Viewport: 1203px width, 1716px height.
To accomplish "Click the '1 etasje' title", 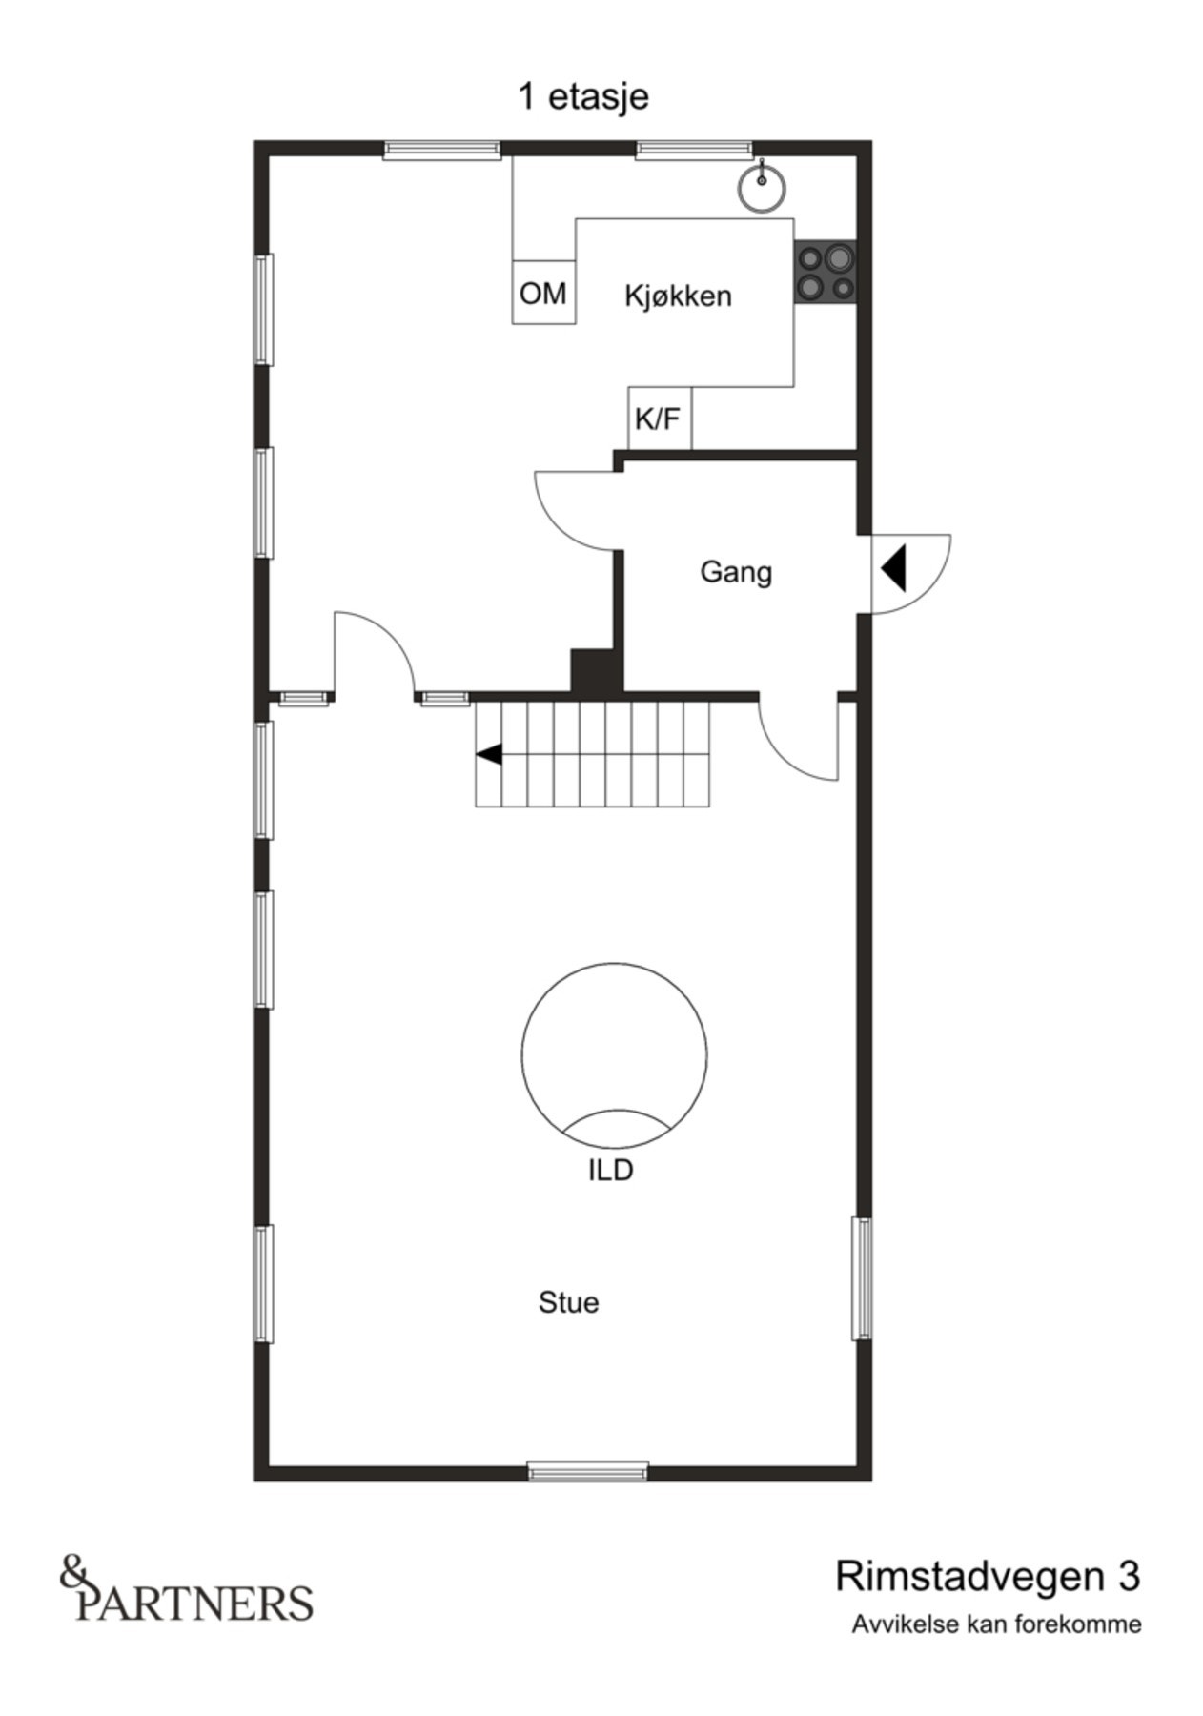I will (582, 96).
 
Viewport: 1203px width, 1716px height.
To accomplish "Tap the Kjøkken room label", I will (678, 296).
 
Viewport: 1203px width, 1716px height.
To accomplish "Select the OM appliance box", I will (543, 293).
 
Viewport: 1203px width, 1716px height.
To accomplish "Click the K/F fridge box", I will (659, 418).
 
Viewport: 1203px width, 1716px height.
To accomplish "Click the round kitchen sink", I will (762, 185).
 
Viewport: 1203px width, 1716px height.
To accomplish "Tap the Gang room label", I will (736, 572).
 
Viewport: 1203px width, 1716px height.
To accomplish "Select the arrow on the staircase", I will (489, 754).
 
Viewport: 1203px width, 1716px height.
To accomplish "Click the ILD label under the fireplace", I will (610, 1170).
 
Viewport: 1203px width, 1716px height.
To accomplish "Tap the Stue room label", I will (568, 1302).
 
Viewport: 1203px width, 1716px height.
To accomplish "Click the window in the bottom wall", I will (588, 1471).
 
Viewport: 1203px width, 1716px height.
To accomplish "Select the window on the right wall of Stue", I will (861, 1277).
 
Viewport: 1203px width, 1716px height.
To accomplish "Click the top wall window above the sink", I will (694, 148).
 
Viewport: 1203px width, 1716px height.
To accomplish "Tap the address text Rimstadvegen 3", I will (987, 1577).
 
